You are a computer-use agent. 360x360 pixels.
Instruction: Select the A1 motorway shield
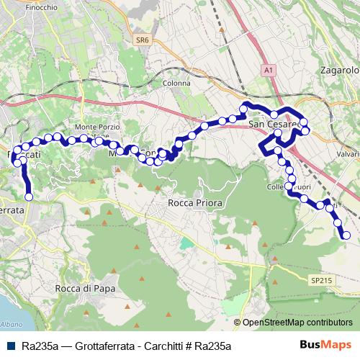(x=268, y=70)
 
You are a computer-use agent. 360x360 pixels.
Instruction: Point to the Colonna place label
(x=176, y=84)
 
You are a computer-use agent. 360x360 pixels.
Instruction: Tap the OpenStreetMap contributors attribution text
(x=297, y=323)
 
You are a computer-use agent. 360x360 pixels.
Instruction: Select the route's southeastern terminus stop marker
(x=346, y=235)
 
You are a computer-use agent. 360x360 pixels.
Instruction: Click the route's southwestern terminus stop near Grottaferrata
(x=30, y=197)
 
